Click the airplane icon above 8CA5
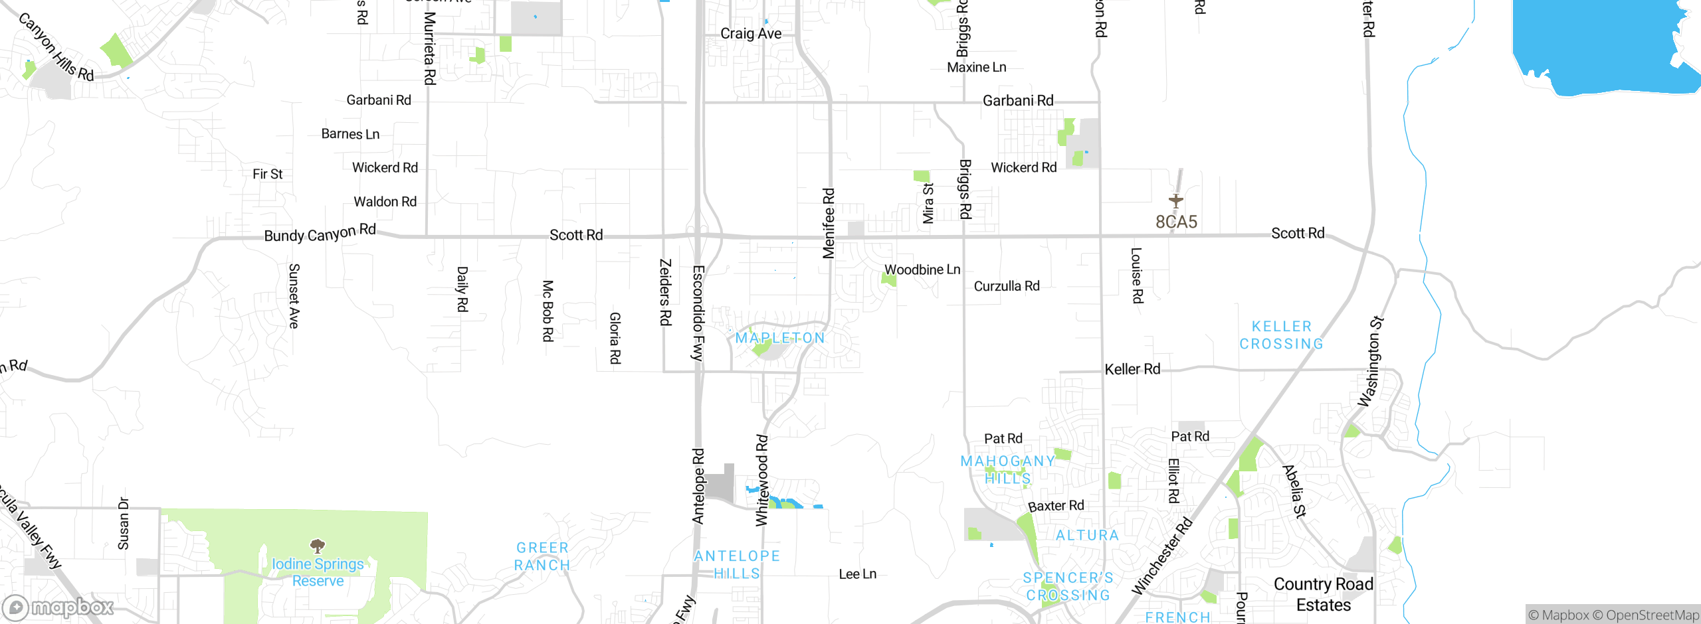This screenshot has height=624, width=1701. [1176, 200]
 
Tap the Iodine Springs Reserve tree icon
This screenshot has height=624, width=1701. [318, 546]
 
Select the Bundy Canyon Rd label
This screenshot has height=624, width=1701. [320, 233]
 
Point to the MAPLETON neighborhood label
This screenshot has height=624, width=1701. [780, 338]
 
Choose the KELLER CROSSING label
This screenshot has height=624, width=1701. [1281, 335]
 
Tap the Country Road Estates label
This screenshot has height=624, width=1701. [1323, 594]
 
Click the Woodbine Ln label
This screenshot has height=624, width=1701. [922, 270]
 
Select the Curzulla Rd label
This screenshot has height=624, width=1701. [1006, 286]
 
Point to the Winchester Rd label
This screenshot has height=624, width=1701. [1162, 556]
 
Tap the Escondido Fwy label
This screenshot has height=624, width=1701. [698, 313]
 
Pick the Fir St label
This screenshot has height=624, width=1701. [268, 174]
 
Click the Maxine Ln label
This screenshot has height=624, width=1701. [976, 67]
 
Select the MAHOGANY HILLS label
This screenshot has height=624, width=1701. [1007, 469]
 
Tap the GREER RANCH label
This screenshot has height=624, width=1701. [542, 556]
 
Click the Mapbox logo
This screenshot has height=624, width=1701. [58, 607]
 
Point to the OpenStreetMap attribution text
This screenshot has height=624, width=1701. [1651, 615]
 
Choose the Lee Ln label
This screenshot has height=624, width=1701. [857, 574]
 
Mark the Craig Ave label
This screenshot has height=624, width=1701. [751, 33]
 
